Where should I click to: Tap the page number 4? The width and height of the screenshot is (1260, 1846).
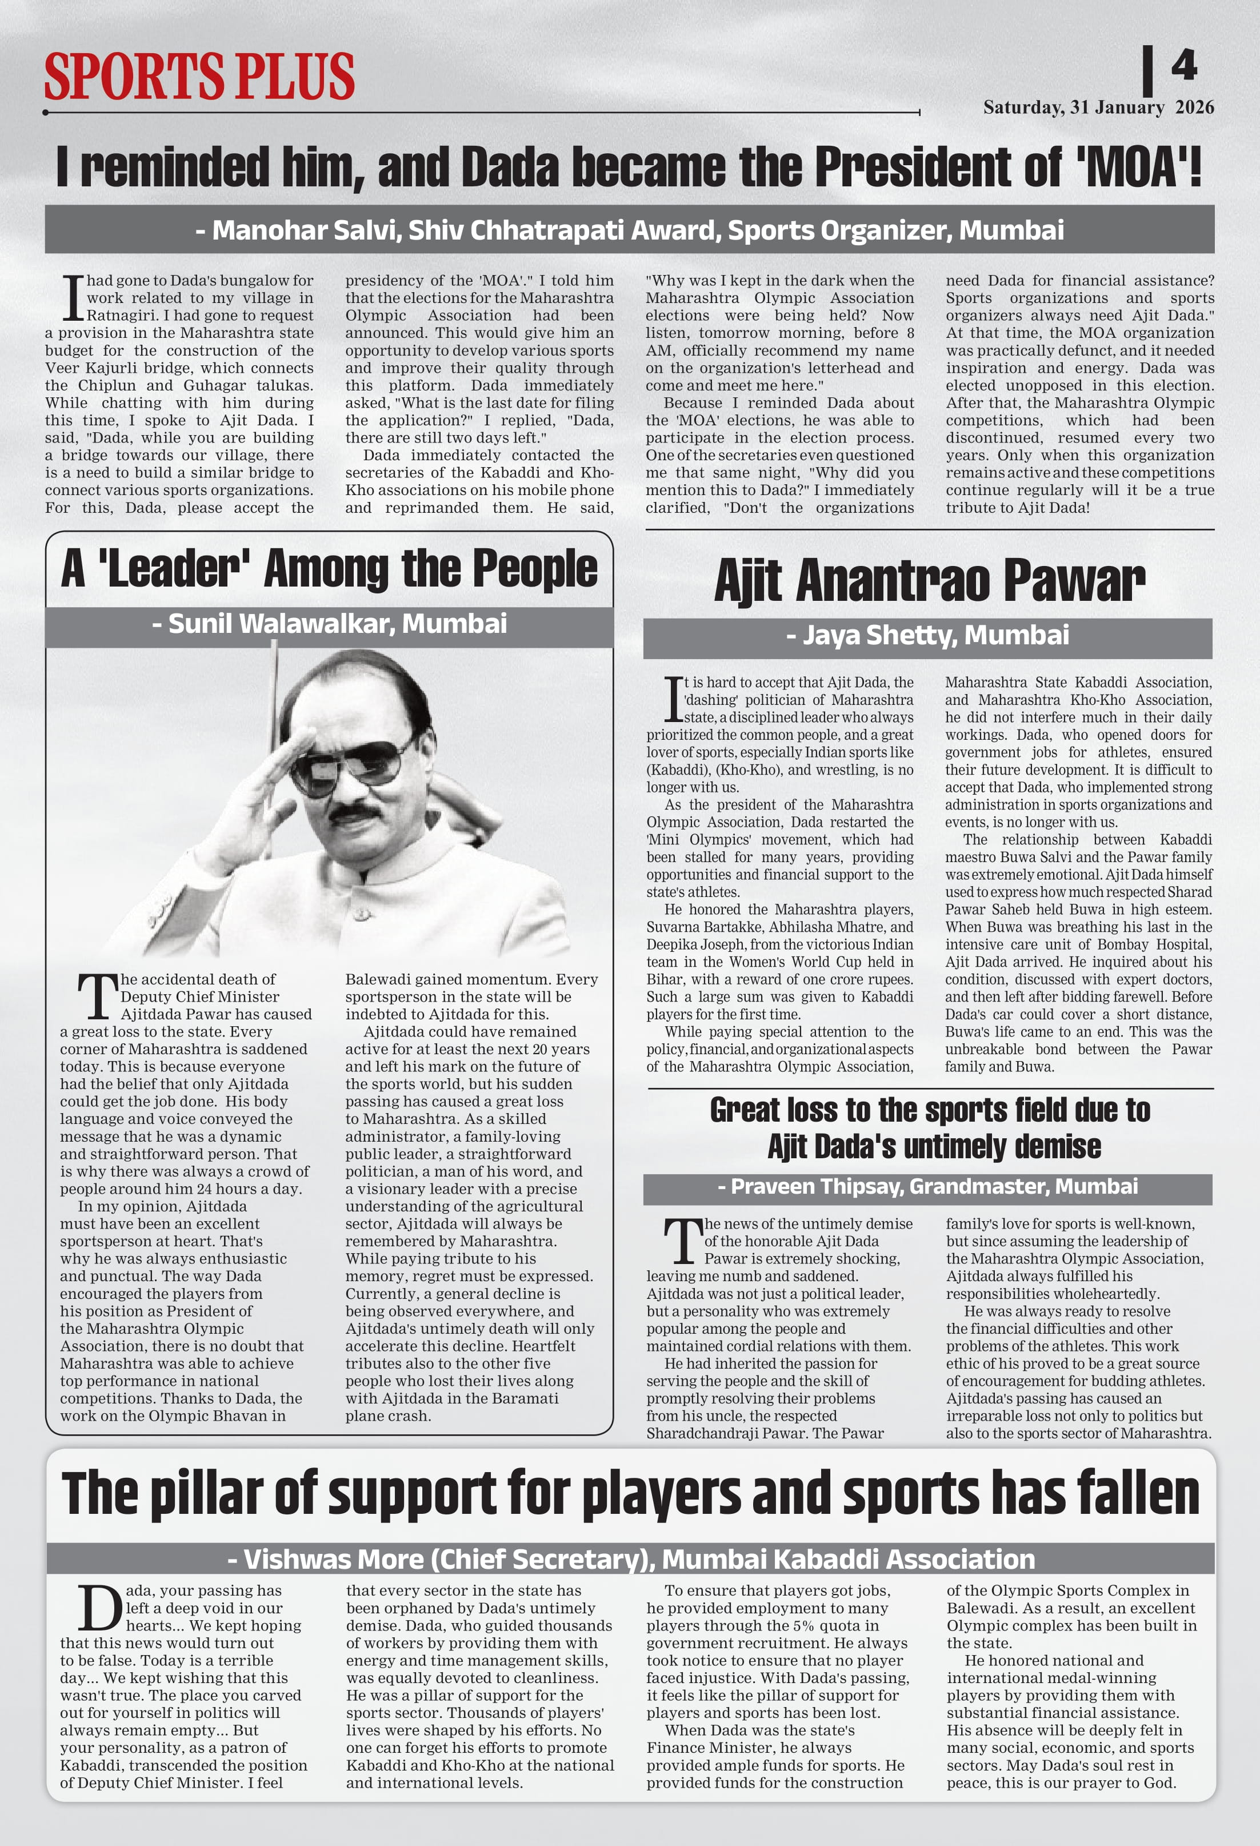(x=1184, y=66)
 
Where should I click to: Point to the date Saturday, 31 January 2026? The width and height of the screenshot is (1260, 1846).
(x=1098, y=107)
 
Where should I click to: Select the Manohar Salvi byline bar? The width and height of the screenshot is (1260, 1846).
(x=629, y=230)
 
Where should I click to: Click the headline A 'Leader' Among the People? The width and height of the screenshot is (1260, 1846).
(x=329, y=569)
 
